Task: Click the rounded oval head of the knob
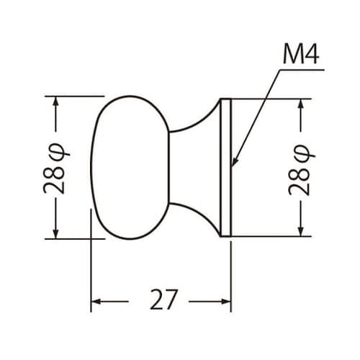pos(130,167)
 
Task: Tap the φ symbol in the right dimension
pos(300,152)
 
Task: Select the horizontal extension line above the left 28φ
pos(72,96)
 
